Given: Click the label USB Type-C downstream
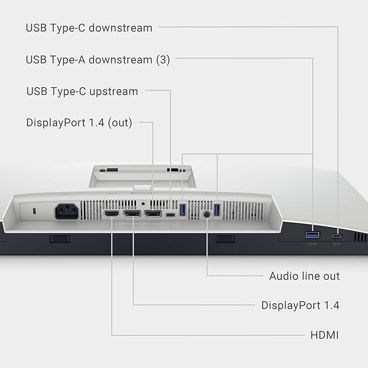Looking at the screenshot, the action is [x=89, y=28].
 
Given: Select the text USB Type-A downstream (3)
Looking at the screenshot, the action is [x=98, y=60].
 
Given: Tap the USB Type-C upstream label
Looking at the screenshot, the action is [x=82, y=92].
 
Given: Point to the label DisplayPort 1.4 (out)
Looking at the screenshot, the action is [x=79, y=122].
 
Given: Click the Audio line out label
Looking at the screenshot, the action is [x=305, y=276].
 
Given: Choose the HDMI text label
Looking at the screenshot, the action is [x=325, y=335].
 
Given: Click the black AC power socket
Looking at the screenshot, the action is [x=67, y=211].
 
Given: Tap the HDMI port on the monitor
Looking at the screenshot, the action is [x=112, y=214].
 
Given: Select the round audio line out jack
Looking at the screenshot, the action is [x=206, y=214].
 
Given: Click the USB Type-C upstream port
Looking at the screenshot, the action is [x=171, y=215].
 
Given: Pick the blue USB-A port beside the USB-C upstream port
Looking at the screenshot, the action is [x=183, y=210].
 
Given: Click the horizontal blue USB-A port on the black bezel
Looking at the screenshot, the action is [x=312, y=235].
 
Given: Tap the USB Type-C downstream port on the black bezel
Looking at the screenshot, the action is [x=337, y=236].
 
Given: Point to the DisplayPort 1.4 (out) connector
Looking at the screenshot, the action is [x=153, y=214].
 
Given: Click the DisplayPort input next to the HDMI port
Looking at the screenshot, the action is [x=132, y=214].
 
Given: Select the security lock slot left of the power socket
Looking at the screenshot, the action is [x=35, y=211].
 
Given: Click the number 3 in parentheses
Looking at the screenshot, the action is [x=163, y=60].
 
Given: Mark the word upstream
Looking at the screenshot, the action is [x=114, y=92].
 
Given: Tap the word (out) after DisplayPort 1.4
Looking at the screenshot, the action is [x=120, y=122].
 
